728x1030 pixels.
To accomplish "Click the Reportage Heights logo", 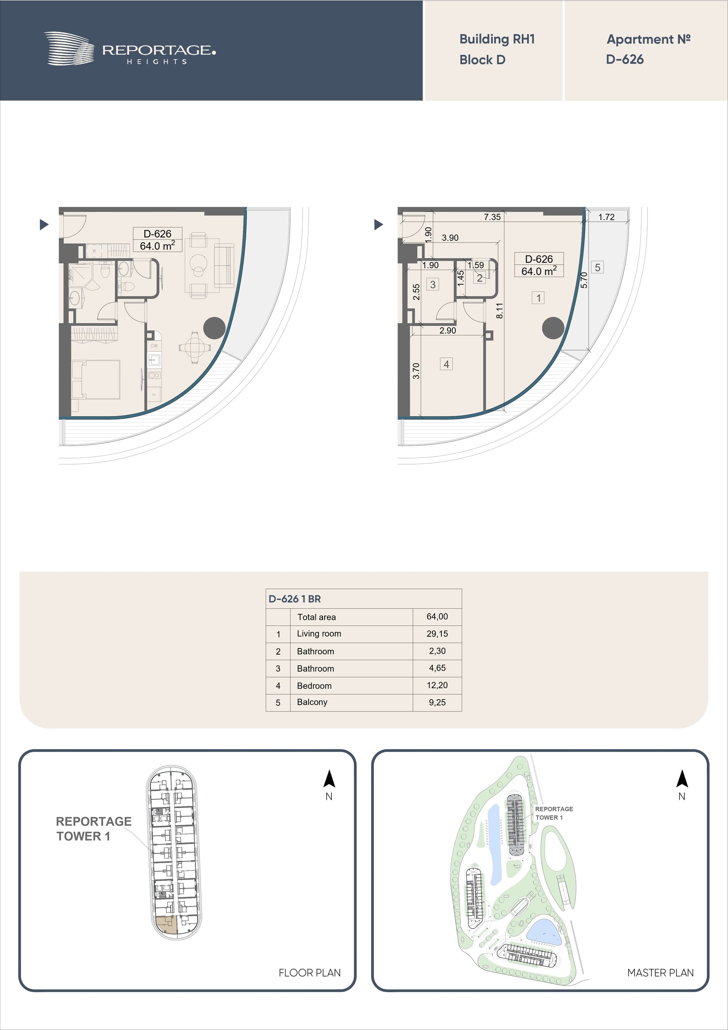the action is (130, 49).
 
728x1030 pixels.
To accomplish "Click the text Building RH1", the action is (497, 39).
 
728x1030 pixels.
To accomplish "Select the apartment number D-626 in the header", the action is (624, 59).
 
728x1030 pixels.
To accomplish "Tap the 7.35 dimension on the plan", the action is (492, 217).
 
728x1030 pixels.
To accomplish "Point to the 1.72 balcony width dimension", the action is (606, 217).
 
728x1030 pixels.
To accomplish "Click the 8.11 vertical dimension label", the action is (500, 311).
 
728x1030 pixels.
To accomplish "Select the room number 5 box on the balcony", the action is (598, 267).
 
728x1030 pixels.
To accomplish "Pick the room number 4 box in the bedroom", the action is (446, 364).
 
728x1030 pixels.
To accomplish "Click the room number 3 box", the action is (433, 284).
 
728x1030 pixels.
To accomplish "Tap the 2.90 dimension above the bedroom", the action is (448, 331).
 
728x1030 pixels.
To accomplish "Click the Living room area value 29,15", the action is (437, 634).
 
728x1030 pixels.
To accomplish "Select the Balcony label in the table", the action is (312, 702).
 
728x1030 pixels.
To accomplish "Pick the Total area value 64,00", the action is (437, 616).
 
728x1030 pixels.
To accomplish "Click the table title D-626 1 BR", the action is (295, 599).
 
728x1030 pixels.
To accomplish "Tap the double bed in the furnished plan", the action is (96, 380).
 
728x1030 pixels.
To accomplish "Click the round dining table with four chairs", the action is (194, 347).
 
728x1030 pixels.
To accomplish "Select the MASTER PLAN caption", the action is (660, 973).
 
